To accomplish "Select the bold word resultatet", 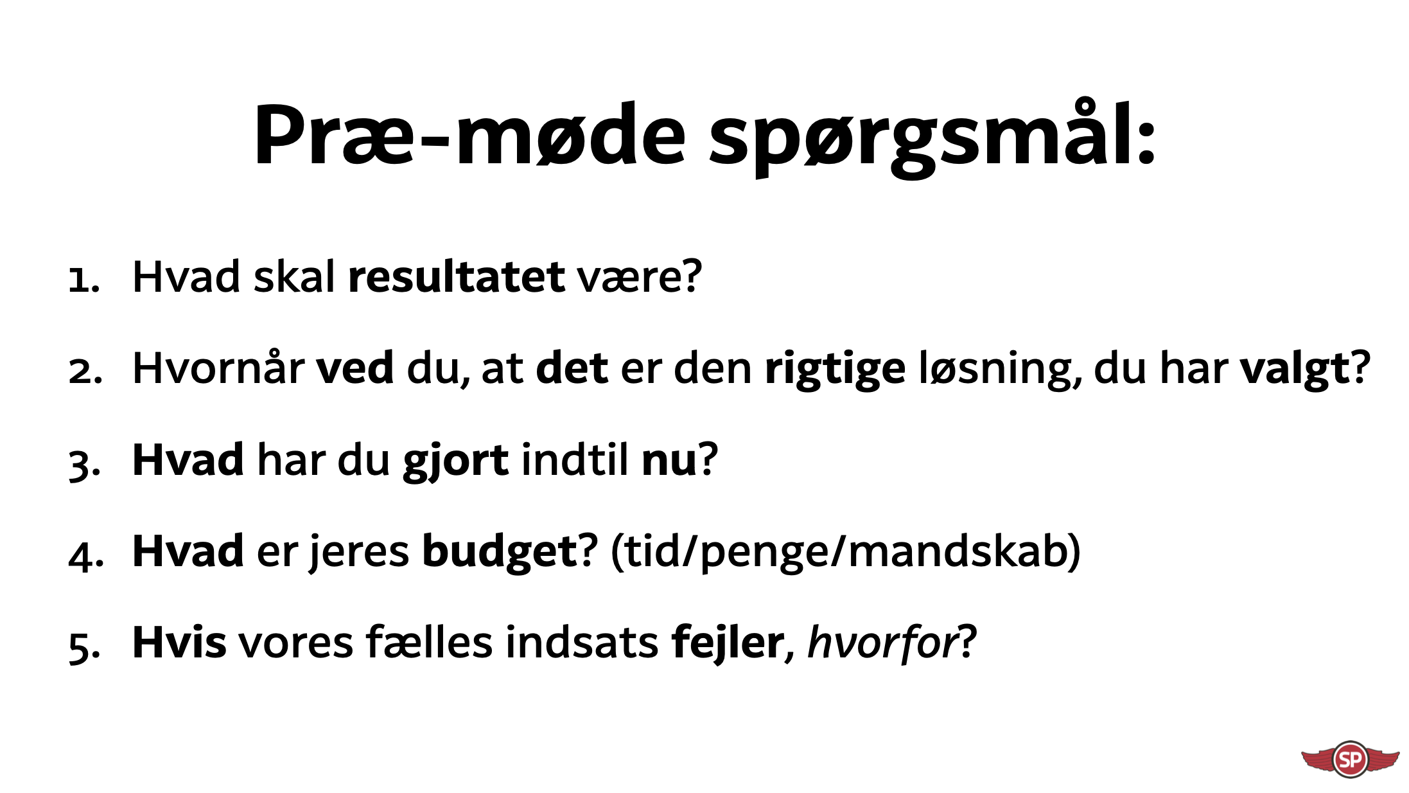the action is [x=457, y=277].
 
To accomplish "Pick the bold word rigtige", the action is [x=835, y=370].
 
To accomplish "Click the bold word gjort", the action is [x=456, y=462].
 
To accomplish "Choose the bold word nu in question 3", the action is [x=669, y=462].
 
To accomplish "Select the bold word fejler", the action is [x=728, y=643].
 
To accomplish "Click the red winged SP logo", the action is [x=1351, y=759].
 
